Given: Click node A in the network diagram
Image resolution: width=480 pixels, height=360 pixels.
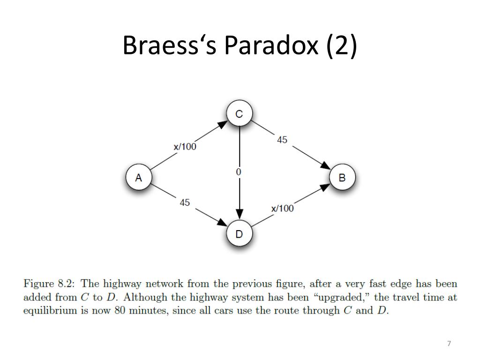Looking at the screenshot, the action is (139, 177).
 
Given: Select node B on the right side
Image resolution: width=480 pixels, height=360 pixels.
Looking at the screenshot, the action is (342, 177).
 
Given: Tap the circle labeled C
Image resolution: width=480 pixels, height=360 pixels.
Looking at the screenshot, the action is (240, 113).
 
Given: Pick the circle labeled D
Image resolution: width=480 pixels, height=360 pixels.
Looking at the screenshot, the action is (240, 233).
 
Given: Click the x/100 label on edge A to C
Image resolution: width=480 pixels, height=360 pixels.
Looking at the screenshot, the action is (185, 147).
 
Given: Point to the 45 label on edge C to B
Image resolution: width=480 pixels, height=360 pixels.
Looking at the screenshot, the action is (282, 140).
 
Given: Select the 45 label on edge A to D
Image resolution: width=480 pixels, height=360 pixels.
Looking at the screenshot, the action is (185, 202).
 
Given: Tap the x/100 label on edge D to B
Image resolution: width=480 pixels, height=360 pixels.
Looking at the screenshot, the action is (282, 209).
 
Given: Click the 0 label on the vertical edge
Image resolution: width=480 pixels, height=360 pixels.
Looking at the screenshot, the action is (239, 172).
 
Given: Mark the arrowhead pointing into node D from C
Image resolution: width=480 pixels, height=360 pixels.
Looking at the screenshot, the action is (240, 214).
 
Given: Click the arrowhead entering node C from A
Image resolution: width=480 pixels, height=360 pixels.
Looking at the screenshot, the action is (223, 124).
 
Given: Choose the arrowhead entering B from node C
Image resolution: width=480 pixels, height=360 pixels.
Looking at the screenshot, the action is (325, 165).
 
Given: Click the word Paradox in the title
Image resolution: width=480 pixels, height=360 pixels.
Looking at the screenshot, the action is (271, 45).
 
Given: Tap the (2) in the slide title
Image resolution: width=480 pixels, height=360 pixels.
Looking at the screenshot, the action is (342, 45).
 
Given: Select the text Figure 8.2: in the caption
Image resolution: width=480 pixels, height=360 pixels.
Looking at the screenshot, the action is (49, 284).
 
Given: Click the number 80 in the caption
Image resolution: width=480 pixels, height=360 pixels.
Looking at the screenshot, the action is (120, 310).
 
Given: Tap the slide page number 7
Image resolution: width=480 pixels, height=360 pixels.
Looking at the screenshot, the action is (449, 344).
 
